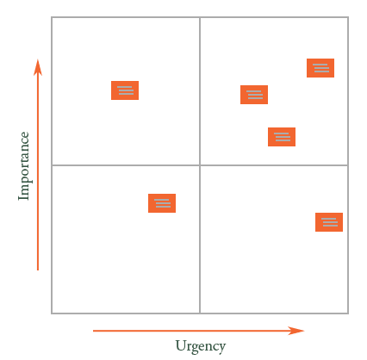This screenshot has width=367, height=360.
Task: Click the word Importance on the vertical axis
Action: [24, 166]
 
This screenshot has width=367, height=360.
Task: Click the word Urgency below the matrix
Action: [201, 346]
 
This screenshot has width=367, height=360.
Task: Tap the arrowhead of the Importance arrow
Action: [38, 67]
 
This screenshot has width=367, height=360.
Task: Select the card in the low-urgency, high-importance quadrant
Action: [125, 90]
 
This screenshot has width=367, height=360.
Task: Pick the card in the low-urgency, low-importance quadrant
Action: [162, 203]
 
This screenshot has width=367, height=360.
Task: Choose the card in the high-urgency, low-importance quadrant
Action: [329, 222]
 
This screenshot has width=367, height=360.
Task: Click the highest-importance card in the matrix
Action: [320, 68]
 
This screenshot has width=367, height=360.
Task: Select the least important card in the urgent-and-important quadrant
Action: [282, 137]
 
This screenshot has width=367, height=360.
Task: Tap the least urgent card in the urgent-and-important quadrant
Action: [254, 95]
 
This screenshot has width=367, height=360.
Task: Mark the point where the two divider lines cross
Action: [200, 165]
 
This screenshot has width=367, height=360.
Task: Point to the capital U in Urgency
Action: [181, 344]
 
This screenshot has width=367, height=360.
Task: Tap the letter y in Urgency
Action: [221, 349]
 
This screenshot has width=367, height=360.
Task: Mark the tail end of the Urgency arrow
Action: [93, 331]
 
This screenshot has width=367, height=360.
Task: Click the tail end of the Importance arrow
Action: [38, 270]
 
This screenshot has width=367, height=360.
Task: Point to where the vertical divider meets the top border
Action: [200, 17]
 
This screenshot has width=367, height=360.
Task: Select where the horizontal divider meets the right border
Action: [348, 165]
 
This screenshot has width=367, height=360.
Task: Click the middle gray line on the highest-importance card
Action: [320, 68]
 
